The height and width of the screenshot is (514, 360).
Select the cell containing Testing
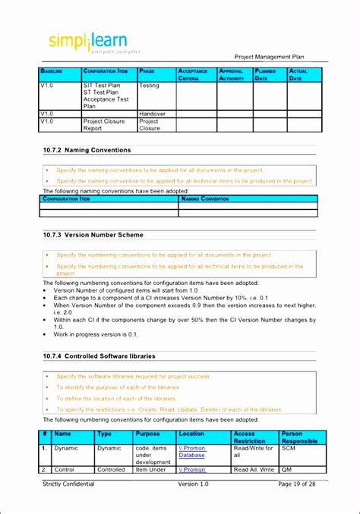click(x=150, y=86)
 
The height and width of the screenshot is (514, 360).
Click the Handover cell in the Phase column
click(x=152, y=114)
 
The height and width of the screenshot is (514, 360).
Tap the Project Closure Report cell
click(x=103, y=124)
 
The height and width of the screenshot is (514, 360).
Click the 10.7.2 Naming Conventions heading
click(x=87, y=150)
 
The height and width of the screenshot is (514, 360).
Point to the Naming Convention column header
click(x=206, y=198)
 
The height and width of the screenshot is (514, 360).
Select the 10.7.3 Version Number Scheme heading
click(x=93, y=235)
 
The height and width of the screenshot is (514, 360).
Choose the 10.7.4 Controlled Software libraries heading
click(x=99, y=356)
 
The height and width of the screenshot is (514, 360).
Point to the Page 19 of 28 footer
click(x=299, y=484)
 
